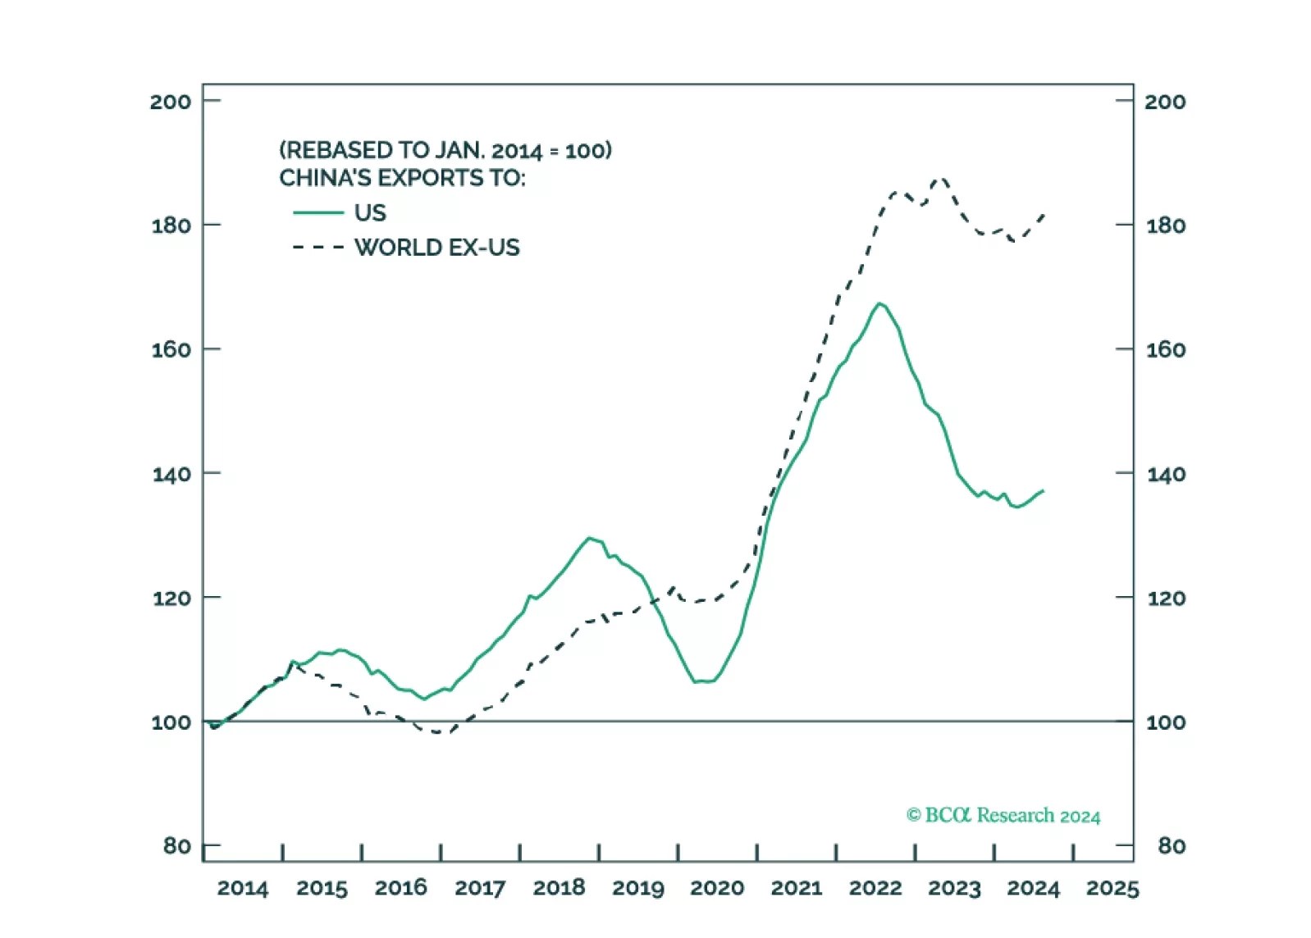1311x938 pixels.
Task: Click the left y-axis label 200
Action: (170, 102)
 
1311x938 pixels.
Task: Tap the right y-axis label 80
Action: (1171, 845)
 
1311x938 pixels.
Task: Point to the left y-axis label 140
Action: (171, 474)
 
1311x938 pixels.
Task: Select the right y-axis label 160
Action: (1165, 350)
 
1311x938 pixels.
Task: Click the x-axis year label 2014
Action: (242, 888)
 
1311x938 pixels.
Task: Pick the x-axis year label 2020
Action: (716, 888)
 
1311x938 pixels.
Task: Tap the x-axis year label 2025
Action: (1112, 888)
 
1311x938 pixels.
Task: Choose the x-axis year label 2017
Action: (479, 888)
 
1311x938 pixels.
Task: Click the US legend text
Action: (370, 213)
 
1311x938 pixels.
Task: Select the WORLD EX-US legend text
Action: (436, 248)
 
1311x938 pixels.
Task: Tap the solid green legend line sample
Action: (318, 213)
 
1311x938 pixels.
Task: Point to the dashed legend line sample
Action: (318, 248)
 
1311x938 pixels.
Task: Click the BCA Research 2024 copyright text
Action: (1003, 815)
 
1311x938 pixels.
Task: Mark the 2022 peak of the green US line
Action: (879, 303)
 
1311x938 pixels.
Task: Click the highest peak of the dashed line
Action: (941, 179)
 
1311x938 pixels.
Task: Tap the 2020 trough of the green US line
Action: (704, 681)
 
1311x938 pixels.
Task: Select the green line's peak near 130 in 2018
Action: (589, 538)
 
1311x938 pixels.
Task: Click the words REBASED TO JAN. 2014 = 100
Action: (445, 151)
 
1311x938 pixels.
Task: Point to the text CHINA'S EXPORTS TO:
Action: (402, 178)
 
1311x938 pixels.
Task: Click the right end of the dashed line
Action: (1044, 215)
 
